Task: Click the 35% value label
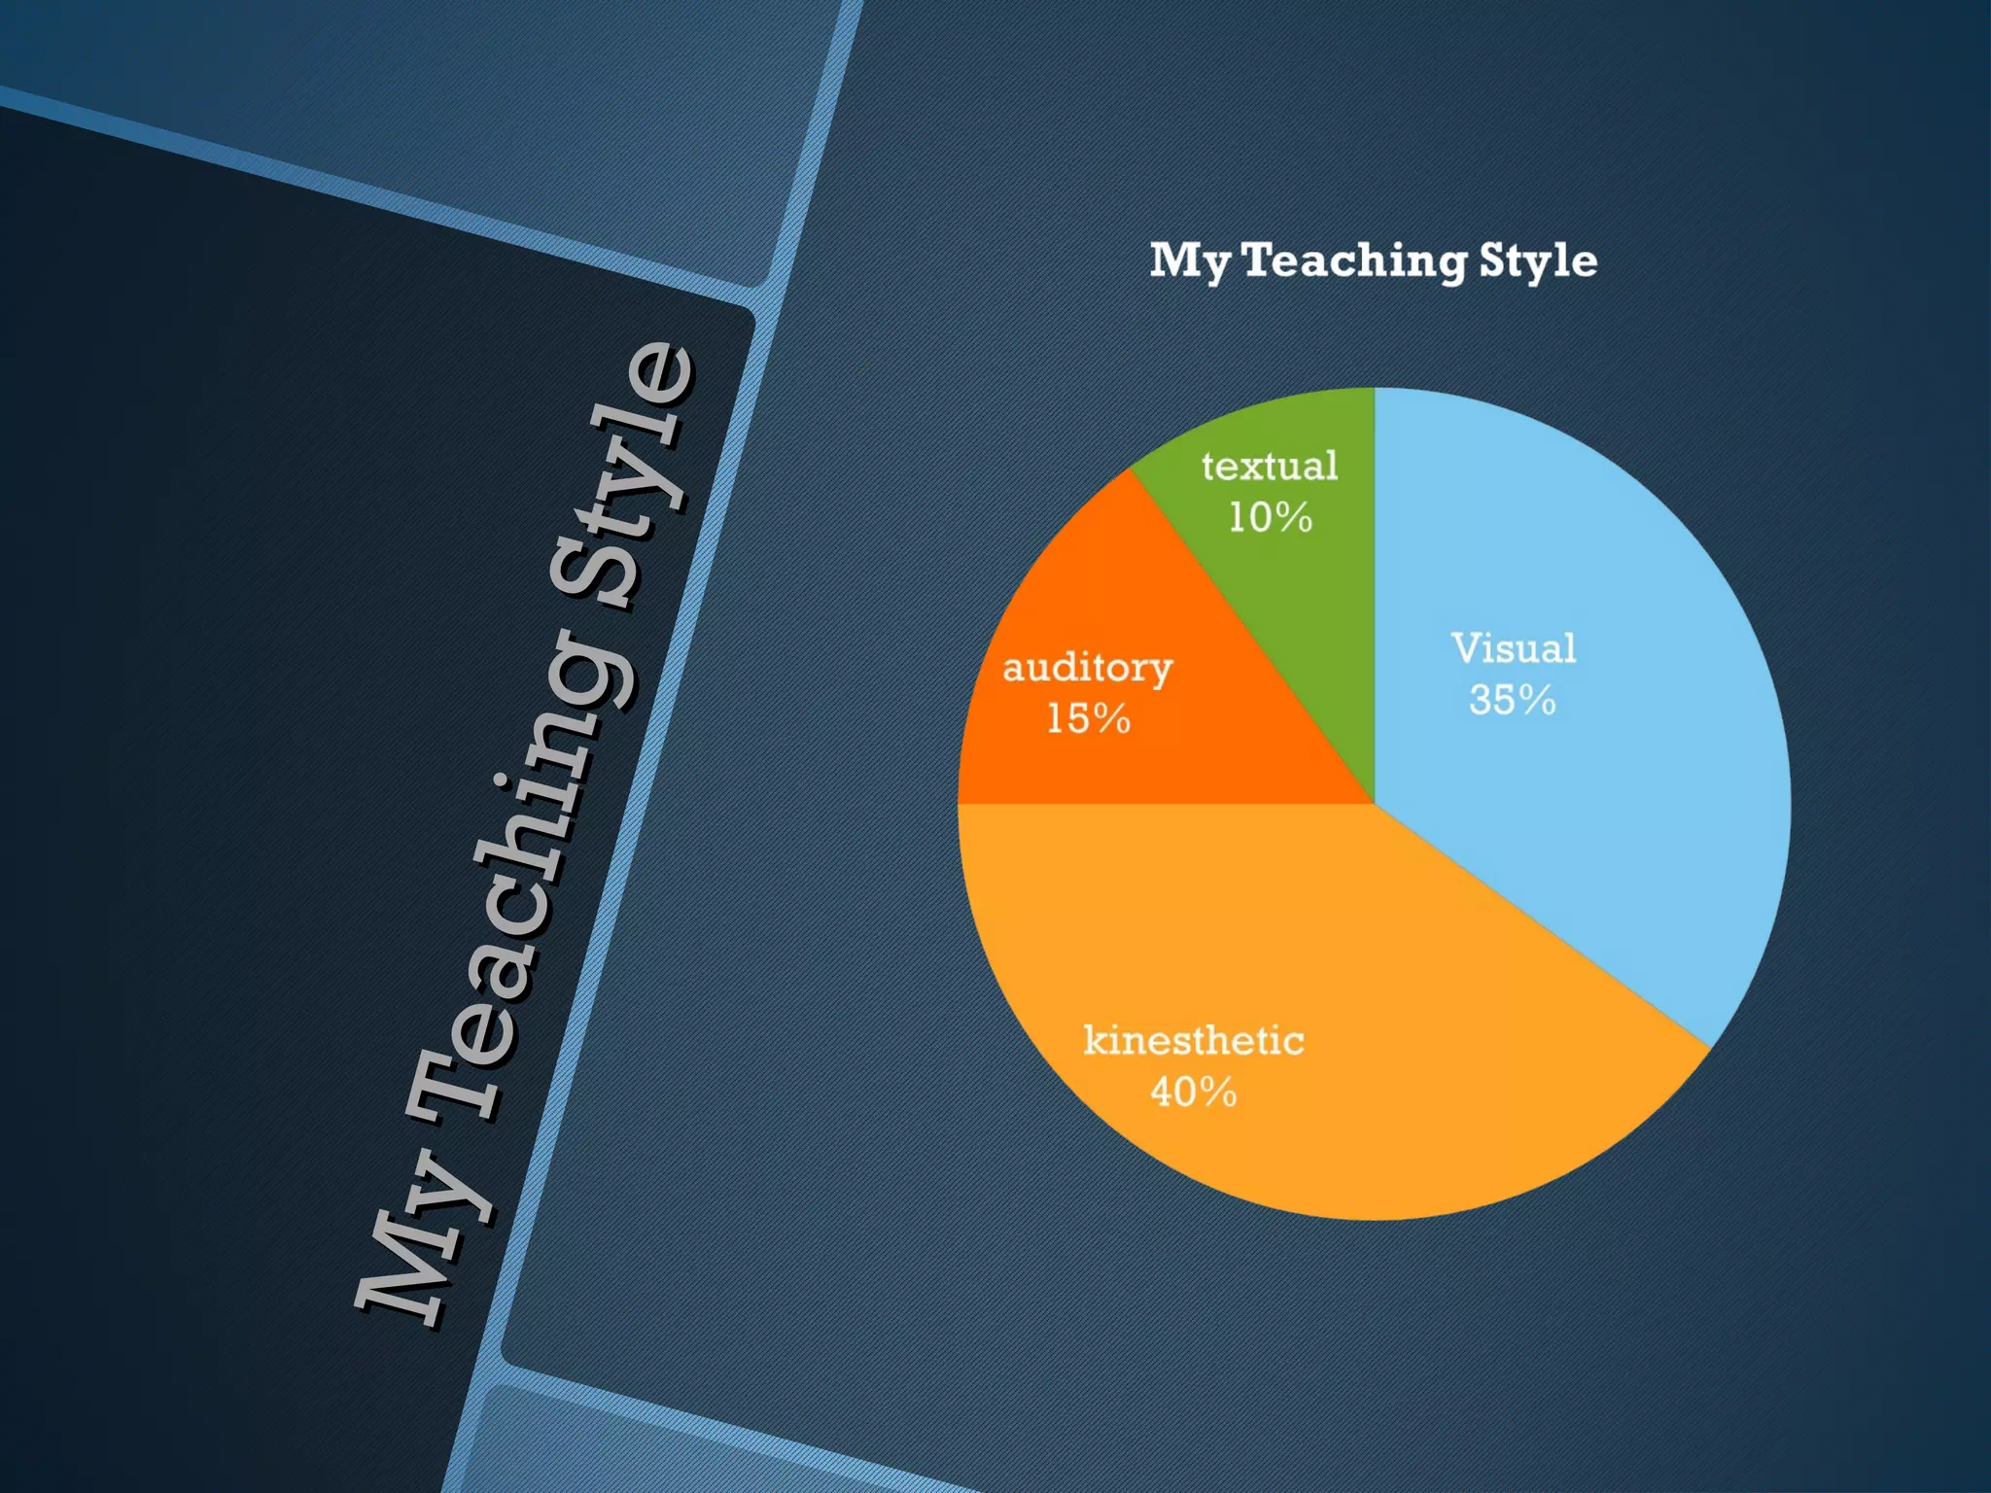click(x=1512, y=700)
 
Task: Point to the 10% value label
click(x=1270, y=517)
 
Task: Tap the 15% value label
click(x=1088, y=719)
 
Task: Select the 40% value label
click(x=1193, y=1092)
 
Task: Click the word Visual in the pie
click(x=1514, y=648)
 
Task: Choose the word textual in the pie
click(x=1270, y=467)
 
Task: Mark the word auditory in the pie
click(x=1088, y=669)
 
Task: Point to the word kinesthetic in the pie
click(x=1193, y=1041)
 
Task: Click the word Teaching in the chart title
click(x=1355, y=260)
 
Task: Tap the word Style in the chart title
click(x=1538, y=261)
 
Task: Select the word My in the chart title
click(x=1190, y=261)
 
